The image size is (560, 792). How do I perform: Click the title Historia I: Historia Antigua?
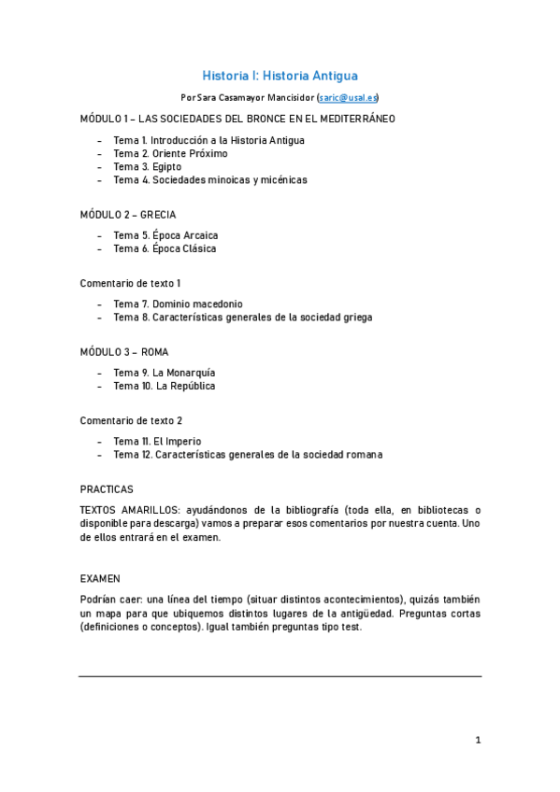[280, 75]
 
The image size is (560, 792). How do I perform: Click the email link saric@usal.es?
[348, 97]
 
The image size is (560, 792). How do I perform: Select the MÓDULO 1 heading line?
[237, 119]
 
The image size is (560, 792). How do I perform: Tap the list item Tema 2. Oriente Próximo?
[170, 153]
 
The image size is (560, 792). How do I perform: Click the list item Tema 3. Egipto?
[148, 166]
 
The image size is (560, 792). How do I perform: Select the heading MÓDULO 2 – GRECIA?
[128, 214]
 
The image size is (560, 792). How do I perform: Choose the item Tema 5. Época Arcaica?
[165, 235]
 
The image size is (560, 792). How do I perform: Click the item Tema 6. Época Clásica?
[165, 248]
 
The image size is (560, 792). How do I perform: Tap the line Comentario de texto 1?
[131, 282]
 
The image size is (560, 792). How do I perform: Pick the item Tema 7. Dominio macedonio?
[178, 304]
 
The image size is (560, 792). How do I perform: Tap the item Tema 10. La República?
[165, 386]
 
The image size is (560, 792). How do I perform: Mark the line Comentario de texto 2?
[131, 420]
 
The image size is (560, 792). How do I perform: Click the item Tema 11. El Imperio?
[157, 441]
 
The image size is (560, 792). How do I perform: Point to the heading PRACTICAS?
[107, 488]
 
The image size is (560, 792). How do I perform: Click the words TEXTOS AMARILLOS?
[129, 510]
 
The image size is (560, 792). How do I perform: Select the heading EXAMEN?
[100, 578]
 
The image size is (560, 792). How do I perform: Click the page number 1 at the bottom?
[478, 741]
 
